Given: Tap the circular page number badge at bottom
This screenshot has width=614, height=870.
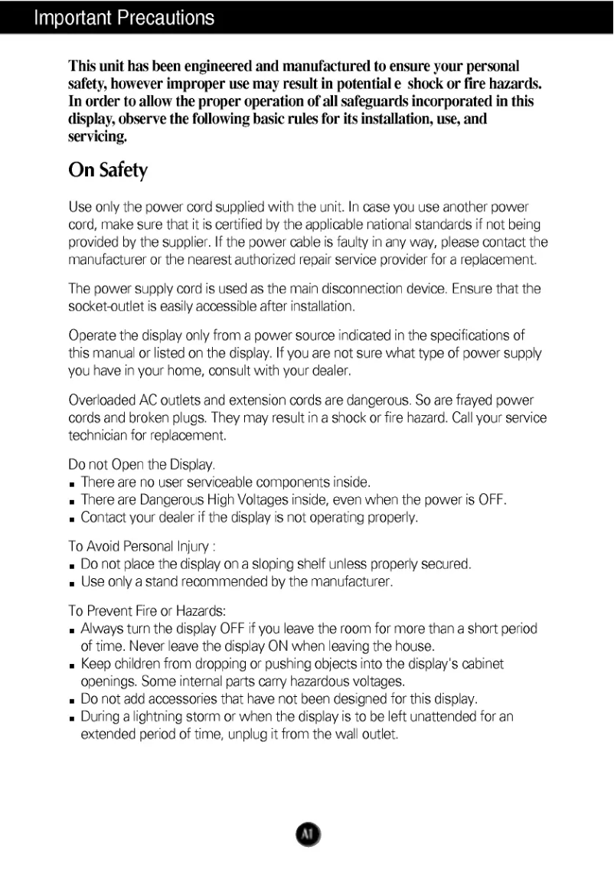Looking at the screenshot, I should pyautogui.click(x=306, y=833).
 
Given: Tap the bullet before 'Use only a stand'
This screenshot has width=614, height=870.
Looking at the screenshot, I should pyautogui.click(x=73, y=584).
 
